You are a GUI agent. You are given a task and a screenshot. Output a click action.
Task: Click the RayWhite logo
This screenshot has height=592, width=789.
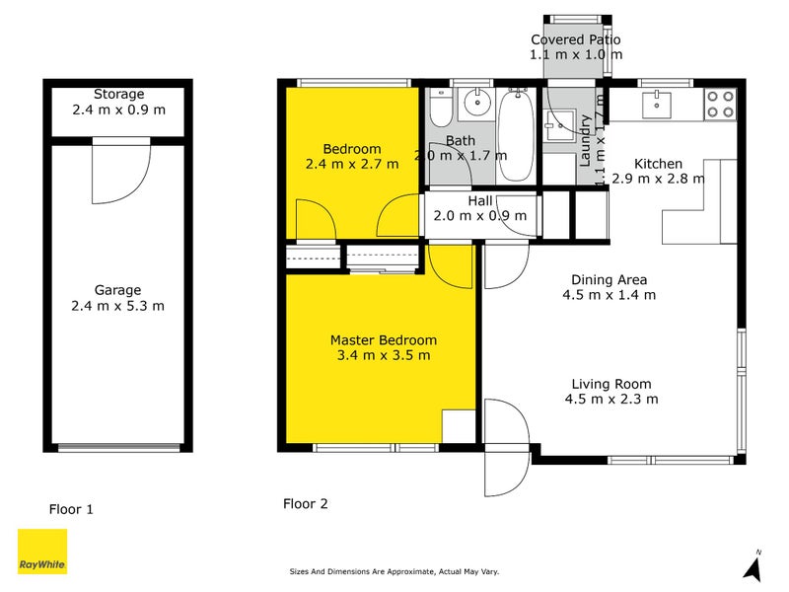point(42,552)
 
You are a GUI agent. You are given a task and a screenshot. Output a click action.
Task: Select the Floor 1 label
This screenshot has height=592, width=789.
point(71,509)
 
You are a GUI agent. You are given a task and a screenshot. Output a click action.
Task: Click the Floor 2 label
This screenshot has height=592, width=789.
point(305,503)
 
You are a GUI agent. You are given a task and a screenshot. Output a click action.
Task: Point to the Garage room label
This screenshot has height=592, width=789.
point(118,290)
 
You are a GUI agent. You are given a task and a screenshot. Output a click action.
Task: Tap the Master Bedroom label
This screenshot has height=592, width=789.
point(383,340)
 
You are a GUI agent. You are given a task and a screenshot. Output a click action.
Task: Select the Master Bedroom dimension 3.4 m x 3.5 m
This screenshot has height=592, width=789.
point(383,355)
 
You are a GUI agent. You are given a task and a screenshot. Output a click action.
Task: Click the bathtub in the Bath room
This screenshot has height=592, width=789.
point(515,135)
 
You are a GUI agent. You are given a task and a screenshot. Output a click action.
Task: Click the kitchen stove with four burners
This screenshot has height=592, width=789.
point(719,104)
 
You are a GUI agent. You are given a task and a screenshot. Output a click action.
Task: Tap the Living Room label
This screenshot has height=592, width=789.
point(610,384)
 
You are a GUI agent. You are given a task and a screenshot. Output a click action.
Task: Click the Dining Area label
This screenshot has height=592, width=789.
point(609,279)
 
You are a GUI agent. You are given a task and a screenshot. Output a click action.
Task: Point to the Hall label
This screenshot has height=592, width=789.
point(480,200)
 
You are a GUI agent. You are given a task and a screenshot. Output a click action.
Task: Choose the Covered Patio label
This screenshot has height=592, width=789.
point(576,39)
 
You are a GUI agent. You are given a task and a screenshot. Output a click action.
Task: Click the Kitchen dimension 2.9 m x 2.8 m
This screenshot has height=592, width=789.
point(658,179)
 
